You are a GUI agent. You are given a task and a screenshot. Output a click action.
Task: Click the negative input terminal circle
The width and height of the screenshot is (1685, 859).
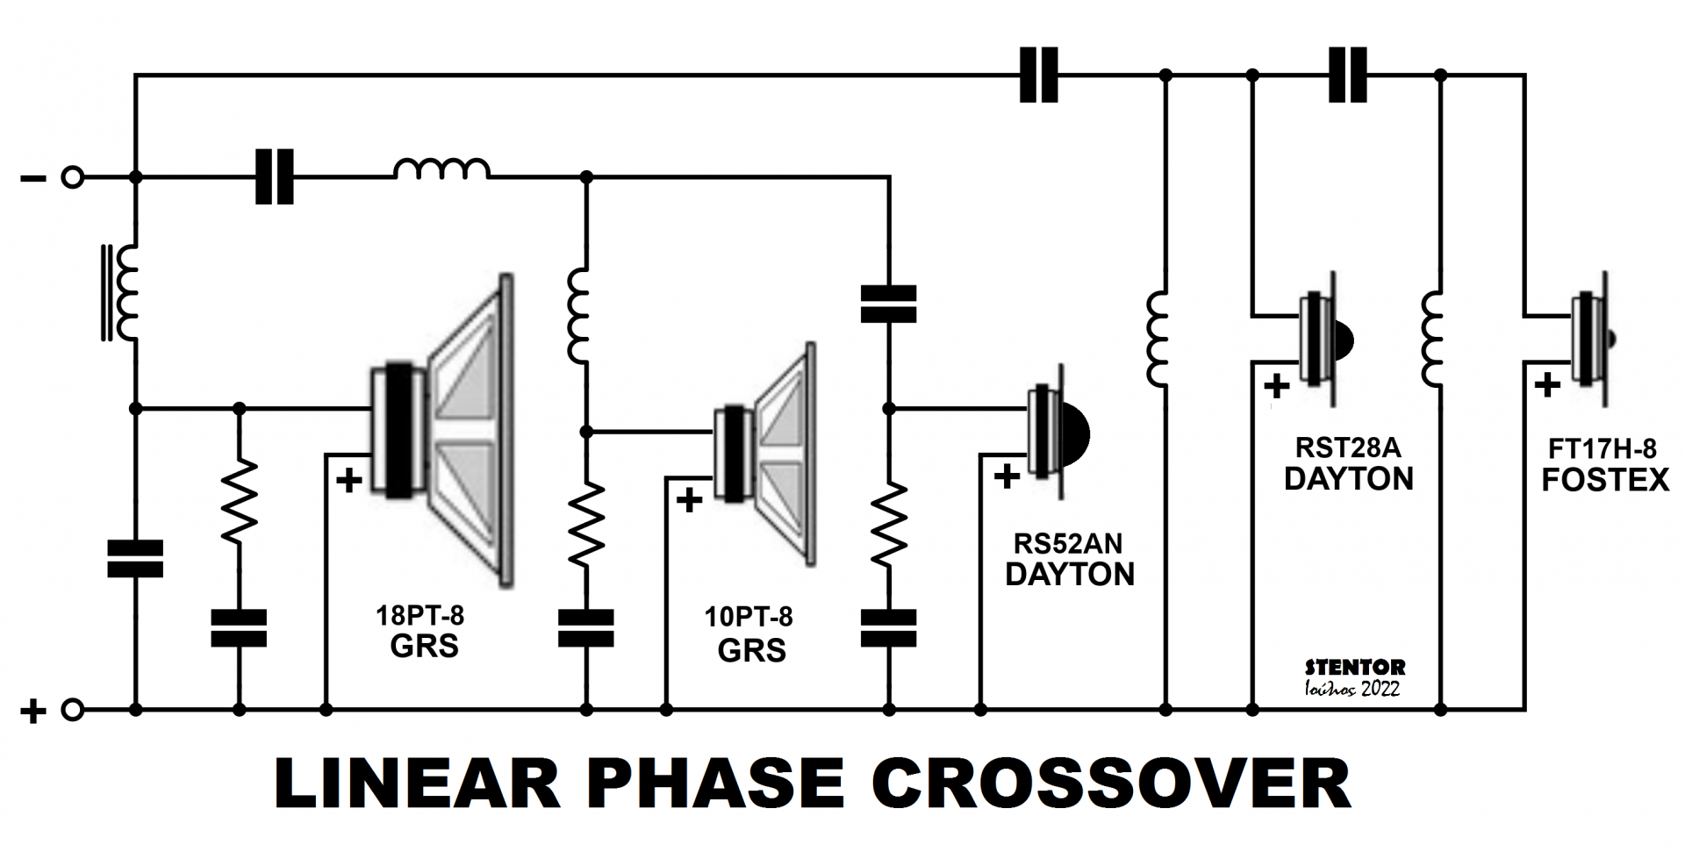[x=73, y=178]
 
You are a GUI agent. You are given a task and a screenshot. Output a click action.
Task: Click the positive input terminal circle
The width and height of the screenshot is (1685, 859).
[x=73, y=709]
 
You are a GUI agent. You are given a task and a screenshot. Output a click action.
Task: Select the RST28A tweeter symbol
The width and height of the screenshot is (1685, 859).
[x=1324, y=339]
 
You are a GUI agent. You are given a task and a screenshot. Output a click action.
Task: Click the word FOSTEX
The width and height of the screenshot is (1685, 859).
[x=1605, y=480]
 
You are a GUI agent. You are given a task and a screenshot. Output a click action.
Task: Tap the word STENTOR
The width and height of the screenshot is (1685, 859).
[x=1354, y=668]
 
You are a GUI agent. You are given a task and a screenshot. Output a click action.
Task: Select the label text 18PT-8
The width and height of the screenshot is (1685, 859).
[x=419, y=615]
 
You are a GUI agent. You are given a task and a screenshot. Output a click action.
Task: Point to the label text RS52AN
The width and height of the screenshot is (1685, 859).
[x=1067, y=544]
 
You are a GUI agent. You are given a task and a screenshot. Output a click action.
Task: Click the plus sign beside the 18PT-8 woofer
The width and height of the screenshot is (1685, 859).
[x=349, y=480]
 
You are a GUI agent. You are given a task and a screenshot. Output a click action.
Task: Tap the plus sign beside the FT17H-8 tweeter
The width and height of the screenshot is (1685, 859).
[x=1547, y=384]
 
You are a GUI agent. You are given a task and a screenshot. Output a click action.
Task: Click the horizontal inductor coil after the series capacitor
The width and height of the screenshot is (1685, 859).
[x=441, y=169]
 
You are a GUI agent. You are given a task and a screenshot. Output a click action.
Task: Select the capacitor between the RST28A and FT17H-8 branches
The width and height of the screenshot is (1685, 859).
[x=1348, y=75]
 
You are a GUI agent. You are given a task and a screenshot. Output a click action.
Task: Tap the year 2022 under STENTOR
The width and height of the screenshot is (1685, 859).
[x=1380, y=690]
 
